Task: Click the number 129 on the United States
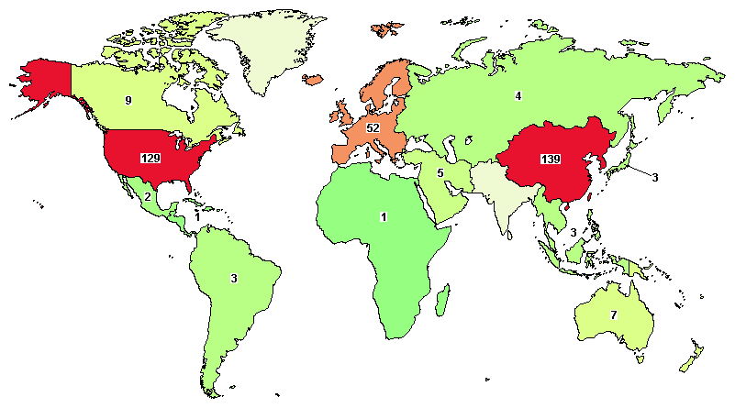tap(150, 158)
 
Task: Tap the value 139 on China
tap(551, 159)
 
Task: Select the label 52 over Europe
tap(373, 128)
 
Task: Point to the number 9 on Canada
tap(128, 100)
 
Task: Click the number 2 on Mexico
tap(148, 196)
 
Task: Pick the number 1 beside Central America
tap(197, 217)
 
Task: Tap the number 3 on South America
tap(234, 278)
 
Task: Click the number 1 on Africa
tap(384, 217)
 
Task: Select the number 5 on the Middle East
tap(440, 172)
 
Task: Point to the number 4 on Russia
tap(518, 95)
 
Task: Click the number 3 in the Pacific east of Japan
tap(654, 176)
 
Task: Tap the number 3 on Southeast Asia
tap(573, 233)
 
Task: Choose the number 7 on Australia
tap(614, 314)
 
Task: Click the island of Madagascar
tap(442, 298)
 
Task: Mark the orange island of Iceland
tap(314, 81)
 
